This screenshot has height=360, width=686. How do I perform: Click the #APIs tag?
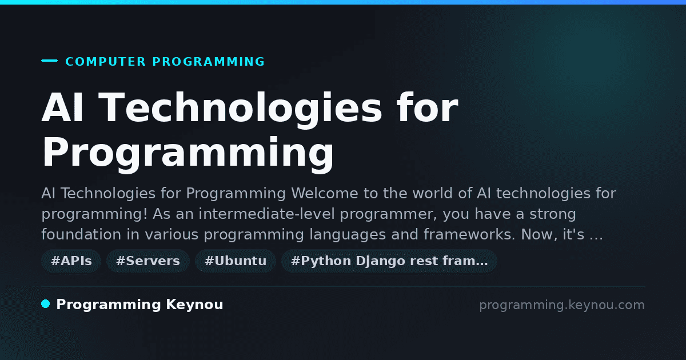[71, 261]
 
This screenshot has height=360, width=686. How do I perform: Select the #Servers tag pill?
[148, 261]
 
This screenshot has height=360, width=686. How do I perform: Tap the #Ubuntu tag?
[236, 261]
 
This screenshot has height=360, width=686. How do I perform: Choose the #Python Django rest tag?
[389, 261]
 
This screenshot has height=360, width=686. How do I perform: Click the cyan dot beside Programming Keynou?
[46, 304]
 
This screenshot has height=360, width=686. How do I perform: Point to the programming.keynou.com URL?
[562, 305]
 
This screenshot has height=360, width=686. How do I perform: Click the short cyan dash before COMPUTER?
[50, 61]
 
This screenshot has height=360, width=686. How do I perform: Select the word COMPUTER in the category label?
[105, 62]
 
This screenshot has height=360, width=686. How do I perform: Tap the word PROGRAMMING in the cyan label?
[209, 62]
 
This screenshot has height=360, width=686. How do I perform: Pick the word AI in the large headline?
[62, 107]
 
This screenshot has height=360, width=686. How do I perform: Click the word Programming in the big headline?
[188, 153]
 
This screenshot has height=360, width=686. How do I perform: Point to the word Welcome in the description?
[325, 193]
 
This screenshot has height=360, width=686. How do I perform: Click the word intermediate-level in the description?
[266, 214]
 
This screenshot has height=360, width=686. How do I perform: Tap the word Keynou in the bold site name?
[194, 305]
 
